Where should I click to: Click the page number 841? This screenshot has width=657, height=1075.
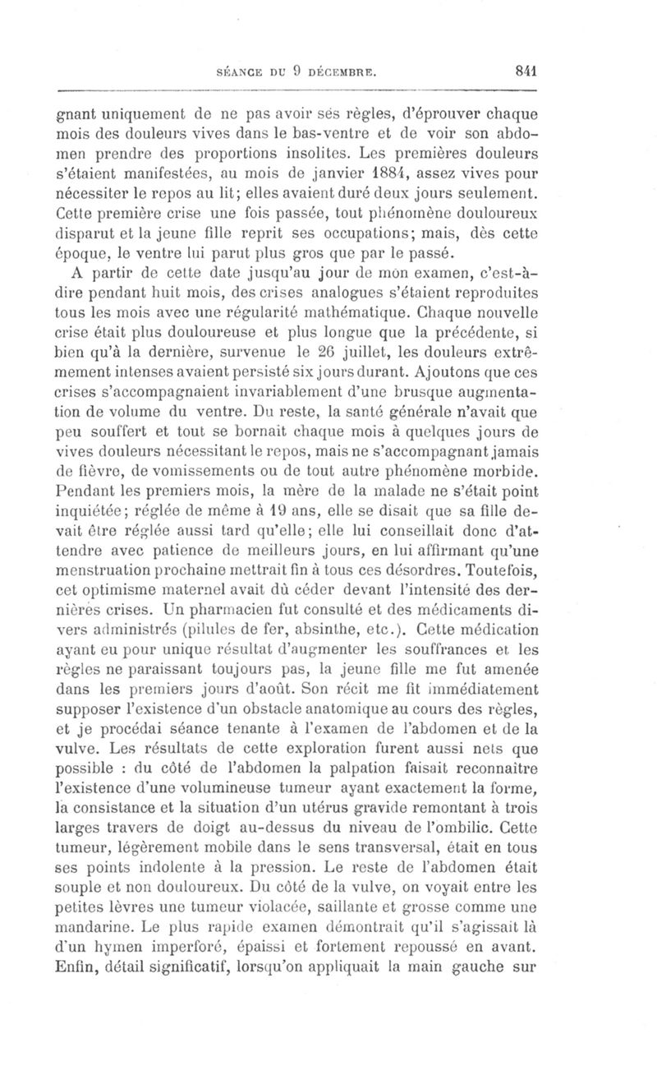pyautogui.click(x=521, y=71)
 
